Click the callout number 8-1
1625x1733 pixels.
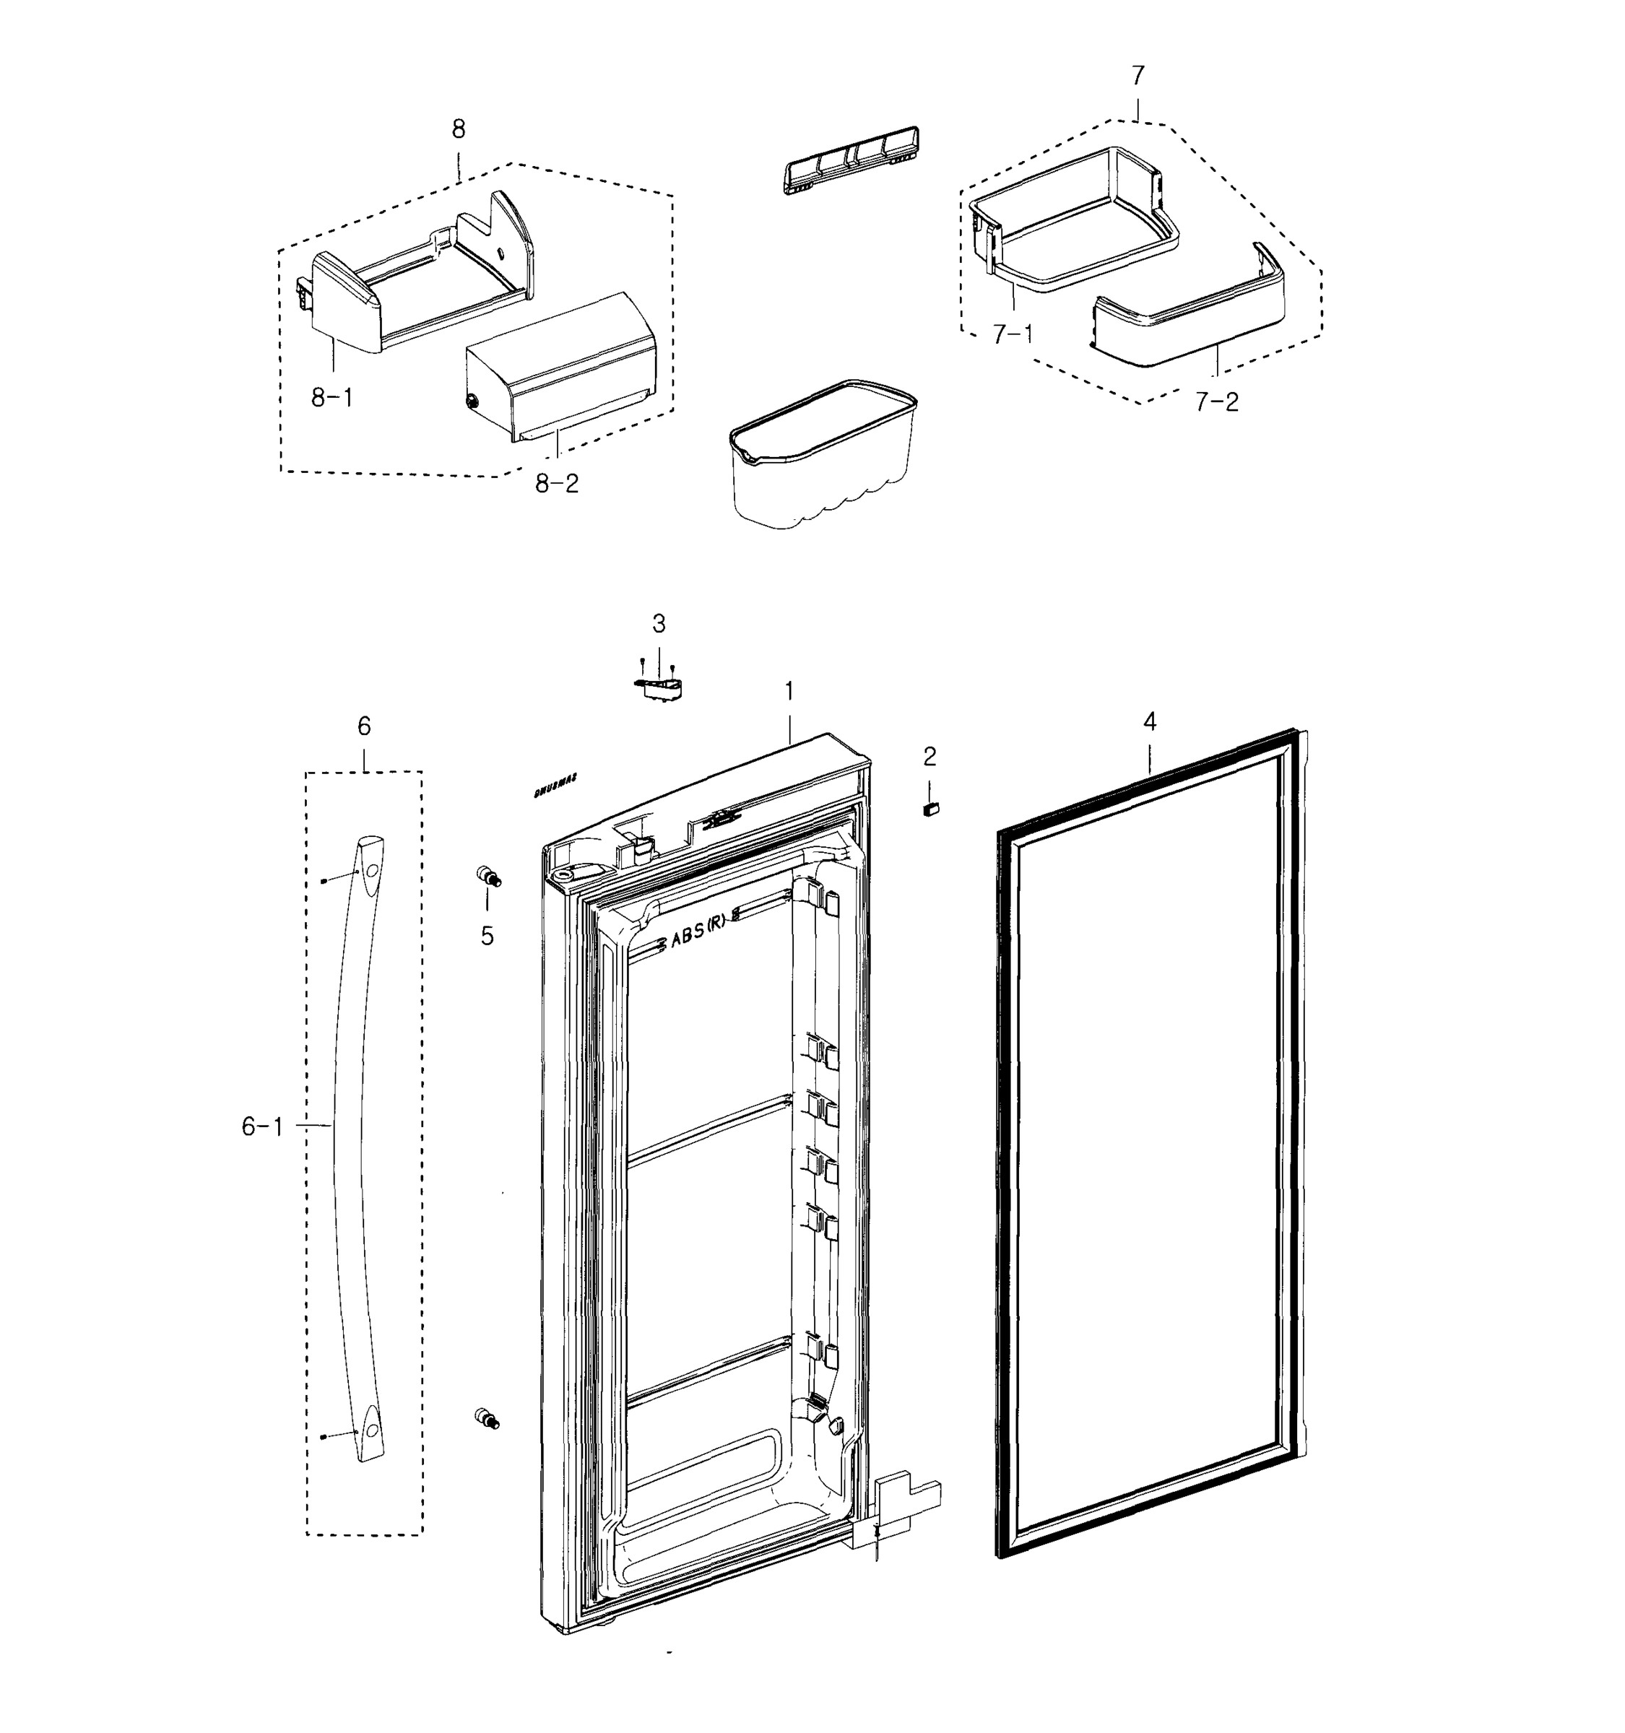(x=332, y=399)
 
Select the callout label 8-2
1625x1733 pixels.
(x=557, y=483)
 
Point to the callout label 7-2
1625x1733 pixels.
(x=1216, y=402)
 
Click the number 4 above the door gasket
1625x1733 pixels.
(x=1150, y=722)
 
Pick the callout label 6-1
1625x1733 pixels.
(x=262, y=1127)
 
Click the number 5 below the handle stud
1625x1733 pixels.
(x=487, y=937)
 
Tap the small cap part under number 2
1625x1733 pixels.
(x=930, y=808)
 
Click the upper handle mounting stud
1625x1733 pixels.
(x=488, y=876)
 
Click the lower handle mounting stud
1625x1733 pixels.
(x=487, y=1418)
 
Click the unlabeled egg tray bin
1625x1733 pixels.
(x=823, y=453)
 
